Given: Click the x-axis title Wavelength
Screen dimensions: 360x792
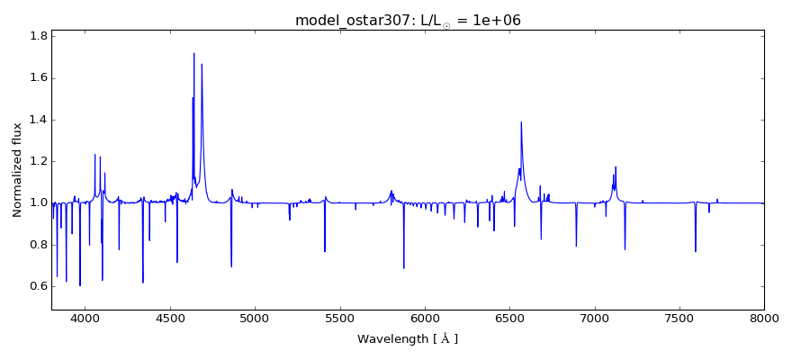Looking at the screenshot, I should click(408, 339).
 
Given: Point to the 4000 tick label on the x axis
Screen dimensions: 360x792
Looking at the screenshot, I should click(85, 318).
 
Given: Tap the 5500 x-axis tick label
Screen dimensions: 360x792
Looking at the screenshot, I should click(339, 318).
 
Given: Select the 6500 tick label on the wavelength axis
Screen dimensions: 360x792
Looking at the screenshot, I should click(509, 318).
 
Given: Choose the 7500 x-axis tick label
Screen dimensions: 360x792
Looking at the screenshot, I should click(679, 318).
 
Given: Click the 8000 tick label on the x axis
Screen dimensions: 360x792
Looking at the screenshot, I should click(763, 318).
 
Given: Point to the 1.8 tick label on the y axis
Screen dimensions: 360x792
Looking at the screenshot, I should click(37, 37).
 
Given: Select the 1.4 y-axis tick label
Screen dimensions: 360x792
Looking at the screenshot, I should click(37, 120).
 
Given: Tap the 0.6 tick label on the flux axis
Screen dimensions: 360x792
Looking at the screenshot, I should click(37, 286).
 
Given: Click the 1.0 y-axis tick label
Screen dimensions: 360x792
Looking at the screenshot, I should click(37, 203).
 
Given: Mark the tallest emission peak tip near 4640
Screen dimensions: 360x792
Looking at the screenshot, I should click(193, 53).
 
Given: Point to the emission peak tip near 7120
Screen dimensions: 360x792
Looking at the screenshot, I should click(616, 166).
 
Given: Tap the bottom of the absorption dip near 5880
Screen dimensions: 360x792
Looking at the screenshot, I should click(404, 268).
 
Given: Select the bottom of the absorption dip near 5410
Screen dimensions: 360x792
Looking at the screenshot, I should click(325, 251).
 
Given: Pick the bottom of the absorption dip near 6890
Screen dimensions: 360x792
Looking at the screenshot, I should click(576, 247).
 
